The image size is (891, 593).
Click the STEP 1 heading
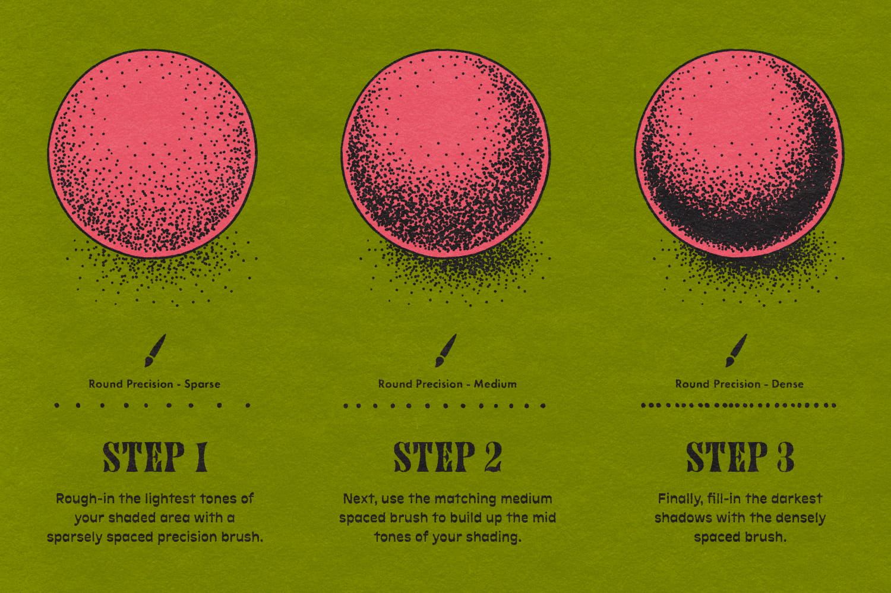tap(155, 457)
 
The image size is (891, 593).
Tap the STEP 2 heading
tap(447, 457)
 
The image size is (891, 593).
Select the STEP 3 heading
tap(740, 457)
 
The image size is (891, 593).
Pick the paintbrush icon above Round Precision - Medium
tap(445, 351)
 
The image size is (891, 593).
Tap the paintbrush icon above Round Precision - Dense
tap(737, 351)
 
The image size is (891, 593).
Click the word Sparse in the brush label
tap(202, 384)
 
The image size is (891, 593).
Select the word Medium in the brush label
tap(495, 384)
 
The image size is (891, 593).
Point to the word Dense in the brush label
tap(787, 384)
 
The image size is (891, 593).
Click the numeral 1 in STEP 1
tap(200, 457)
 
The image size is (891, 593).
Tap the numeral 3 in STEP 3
tap(785, 457)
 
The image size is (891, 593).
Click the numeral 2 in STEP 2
tap(491, 457)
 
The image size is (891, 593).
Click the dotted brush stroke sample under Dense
tap(738, 405)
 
